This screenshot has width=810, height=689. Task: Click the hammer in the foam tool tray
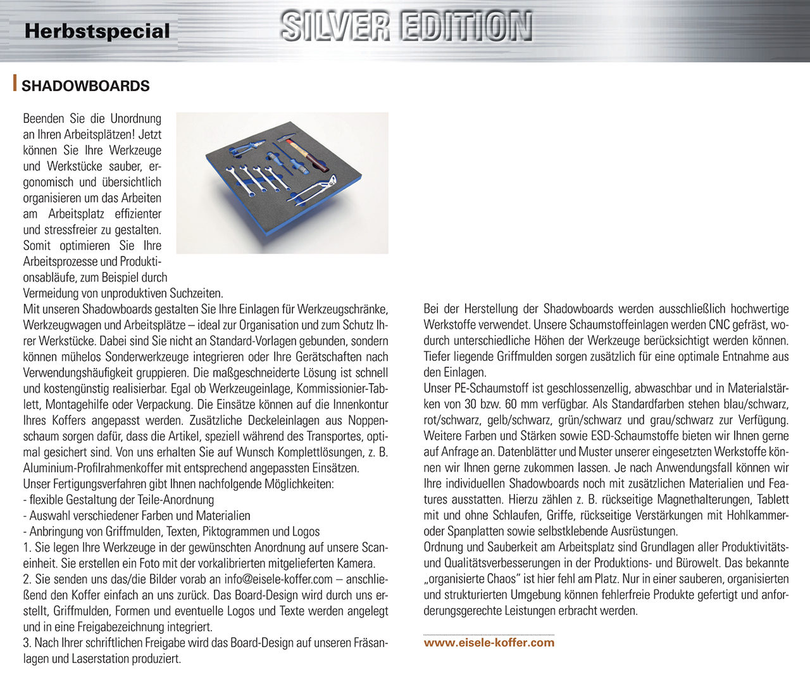click(305, 155)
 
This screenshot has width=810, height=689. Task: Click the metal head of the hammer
click(292, 139)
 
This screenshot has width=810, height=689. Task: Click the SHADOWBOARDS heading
click(85, 86)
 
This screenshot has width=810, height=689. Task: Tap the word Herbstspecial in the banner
click(97, 31)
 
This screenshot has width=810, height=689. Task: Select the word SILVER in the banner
click(335, 27)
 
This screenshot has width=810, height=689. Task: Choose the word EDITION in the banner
click(466, 27)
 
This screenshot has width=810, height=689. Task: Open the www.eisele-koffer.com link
click(489, 643)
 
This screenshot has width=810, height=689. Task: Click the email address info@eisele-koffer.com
click(278, 579)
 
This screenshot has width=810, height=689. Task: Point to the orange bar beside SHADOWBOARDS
click(15, 84)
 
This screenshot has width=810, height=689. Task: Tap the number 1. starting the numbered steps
click(27, 548)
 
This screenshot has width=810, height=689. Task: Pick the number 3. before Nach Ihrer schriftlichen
click(27, 643)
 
